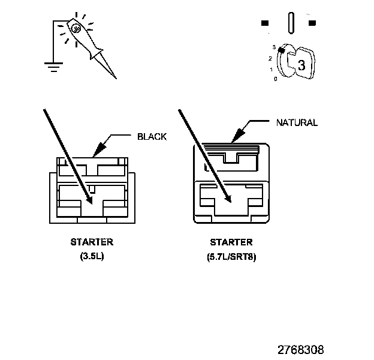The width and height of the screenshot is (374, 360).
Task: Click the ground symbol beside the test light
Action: tap(53, 65)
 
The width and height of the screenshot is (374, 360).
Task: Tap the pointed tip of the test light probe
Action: tap(115, 78)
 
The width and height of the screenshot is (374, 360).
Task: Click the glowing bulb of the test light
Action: tap(76, 28)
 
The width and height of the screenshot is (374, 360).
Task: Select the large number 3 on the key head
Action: tap(301, 66)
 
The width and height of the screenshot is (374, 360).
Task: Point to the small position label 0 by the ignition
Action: tap(275, 79)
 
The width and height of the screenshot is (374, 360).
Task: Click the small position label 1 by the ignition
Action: tap(271, 69)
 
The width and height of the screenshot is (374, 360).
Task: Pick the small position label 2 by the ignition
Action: tap(270, 58)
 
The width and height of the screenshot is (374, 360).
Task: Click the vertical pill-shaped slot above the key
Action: tap(291, 23)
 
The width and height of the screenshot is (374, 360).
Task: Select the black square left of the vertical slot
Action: tap(264, 23)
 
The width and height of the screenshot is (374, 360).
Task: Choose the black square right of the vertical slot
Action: tap(312, 23)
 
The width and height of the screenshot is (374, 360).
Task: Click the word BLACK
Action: tap(152, 137)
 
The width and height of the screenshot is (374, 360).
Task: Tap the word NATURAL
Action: tap(296, 123)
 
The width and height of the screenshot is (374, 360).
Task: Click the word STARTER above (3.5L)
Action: tap(92, 242)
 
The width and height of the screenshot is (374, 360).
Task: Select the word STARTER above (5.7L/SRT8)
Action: tap(231, 242)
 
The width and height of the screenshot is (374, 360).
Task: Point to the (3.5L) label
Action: tap(92, 256)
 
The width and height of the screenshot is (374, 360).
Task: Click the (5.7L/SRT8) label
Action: tap(231, 257)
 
